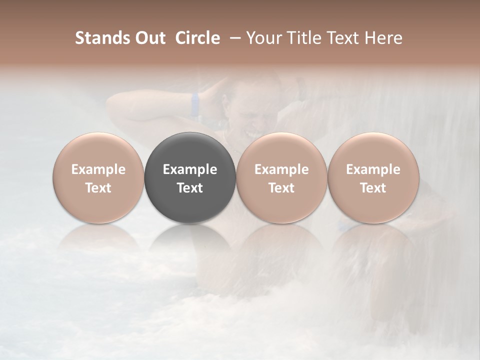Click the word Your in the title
point(263,38)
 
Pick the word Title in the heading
point(301,38)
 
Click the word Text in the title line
point(343,38)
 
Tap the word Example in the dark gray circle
point(190,169)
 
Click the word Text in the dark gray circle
point(190,188)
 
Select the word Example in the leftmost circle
point(98,169)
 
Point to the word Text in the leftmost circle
point(98,188)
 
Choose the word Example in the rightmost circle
point(373,169)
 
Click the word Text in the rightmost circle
point(373,188)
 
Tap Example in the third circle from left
point(281,169)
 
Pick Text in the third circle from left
point(281,188)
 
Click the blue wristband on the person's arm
point(194,104)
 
